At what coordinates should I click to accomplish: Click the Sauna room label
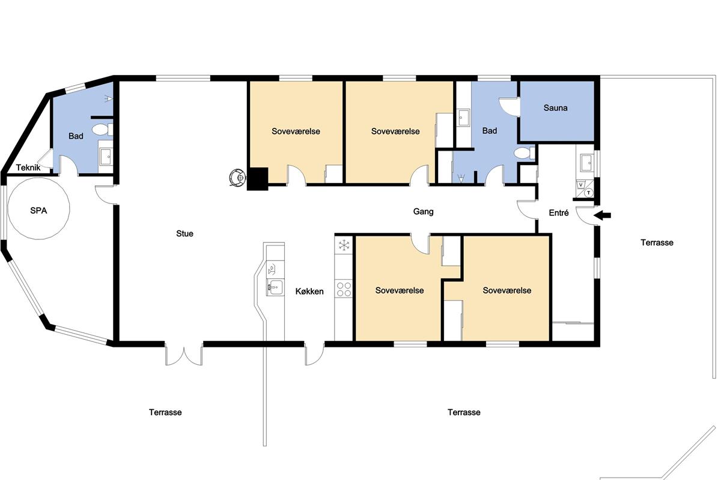pos(555,108)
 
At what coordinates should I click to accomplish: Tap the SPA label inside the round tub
pos(38,211)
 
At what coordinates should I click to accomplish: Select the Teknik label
pos(28,167)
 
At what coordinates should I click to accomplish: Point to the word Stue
pos(185,233)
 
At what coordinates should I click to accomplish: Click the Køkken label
pos(309,291)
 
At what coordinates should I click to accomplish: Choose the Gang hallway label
pos(423,212)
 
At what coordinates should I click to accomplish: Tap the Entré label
pos(559,213)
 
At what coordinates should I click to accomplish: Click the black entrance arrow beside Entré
pos(602,215)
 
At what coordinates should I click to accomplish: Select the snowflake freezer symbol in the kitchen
pos(344,245)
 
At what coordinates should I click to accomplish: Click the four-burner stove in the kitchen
pos(344,289)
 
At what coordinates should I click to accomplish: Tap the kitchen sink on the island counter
pos(275,287)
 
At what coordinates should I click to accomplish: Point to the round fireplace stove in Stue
pos(237,177)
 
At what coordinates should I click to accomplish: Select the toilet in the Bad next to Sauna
pos(524,153)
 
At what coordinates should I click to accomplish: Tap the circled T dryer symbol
pos(589,193)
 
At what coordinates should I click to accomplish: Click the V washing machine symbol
pos(580,185)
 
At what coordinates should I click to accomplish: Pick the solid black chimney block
pos(258,179)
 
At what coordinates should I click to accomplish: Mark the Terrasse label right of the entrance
pos(657,242)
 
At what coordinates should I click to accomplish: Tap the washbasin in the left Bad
pos(106,157)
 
